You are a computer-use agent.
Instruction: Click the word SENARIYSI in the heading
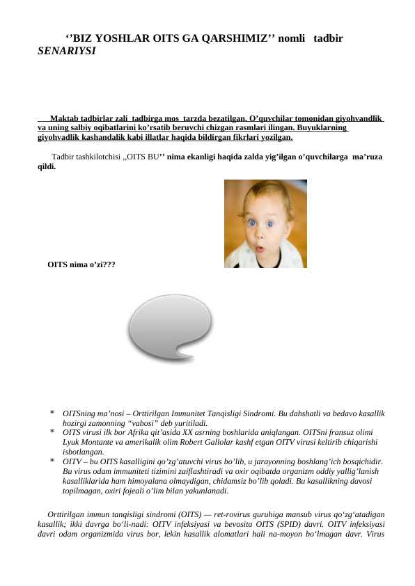[x=67, y=52]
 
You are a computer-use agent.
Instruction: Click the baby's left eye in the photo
[x=270, y=224]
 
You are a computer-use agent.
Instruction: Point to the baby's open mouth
[x=260, y=247]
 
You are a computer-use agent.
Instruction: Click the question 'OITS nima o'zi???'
[x=81, y=265]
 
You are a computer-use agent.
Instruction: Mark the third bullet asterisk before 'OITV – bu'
[x=53, y=461]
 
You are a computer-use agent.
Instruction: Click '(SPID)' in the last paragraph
[x=301, y=524]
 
